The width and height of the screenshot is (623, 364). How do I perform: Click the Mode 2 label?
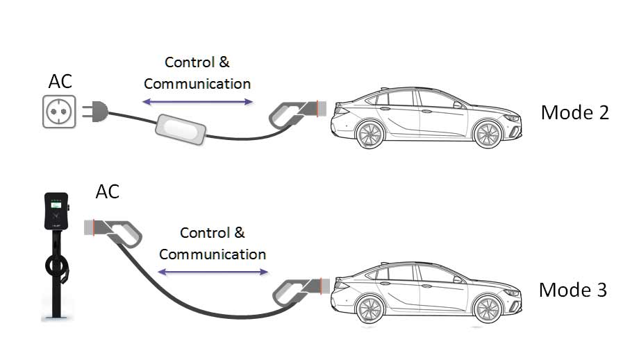(574, 112)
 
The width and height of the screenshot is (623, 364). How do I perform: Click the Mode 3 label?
(573, 289)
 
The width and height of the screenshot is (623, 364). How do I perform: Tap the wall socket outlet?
(59, 110)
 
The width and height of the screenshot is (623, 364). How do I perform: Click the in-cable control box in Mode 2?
(181, 130)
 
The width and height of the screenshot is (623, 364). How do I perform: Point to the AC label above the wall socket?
(60, 81)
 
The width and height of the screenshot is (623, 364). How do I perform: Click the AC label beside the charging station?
(107, 191)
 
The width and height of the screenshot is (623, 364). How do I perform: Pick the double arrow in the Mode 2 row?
(197, 102)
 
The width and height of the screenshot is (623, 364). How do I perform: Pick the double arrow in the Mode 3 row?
(213, 272)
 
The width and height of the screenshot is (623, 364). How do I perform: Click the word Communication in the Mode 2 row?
(197, 84)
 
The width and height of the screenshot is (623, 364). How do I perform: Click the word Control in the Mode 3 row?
(201, 233)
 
